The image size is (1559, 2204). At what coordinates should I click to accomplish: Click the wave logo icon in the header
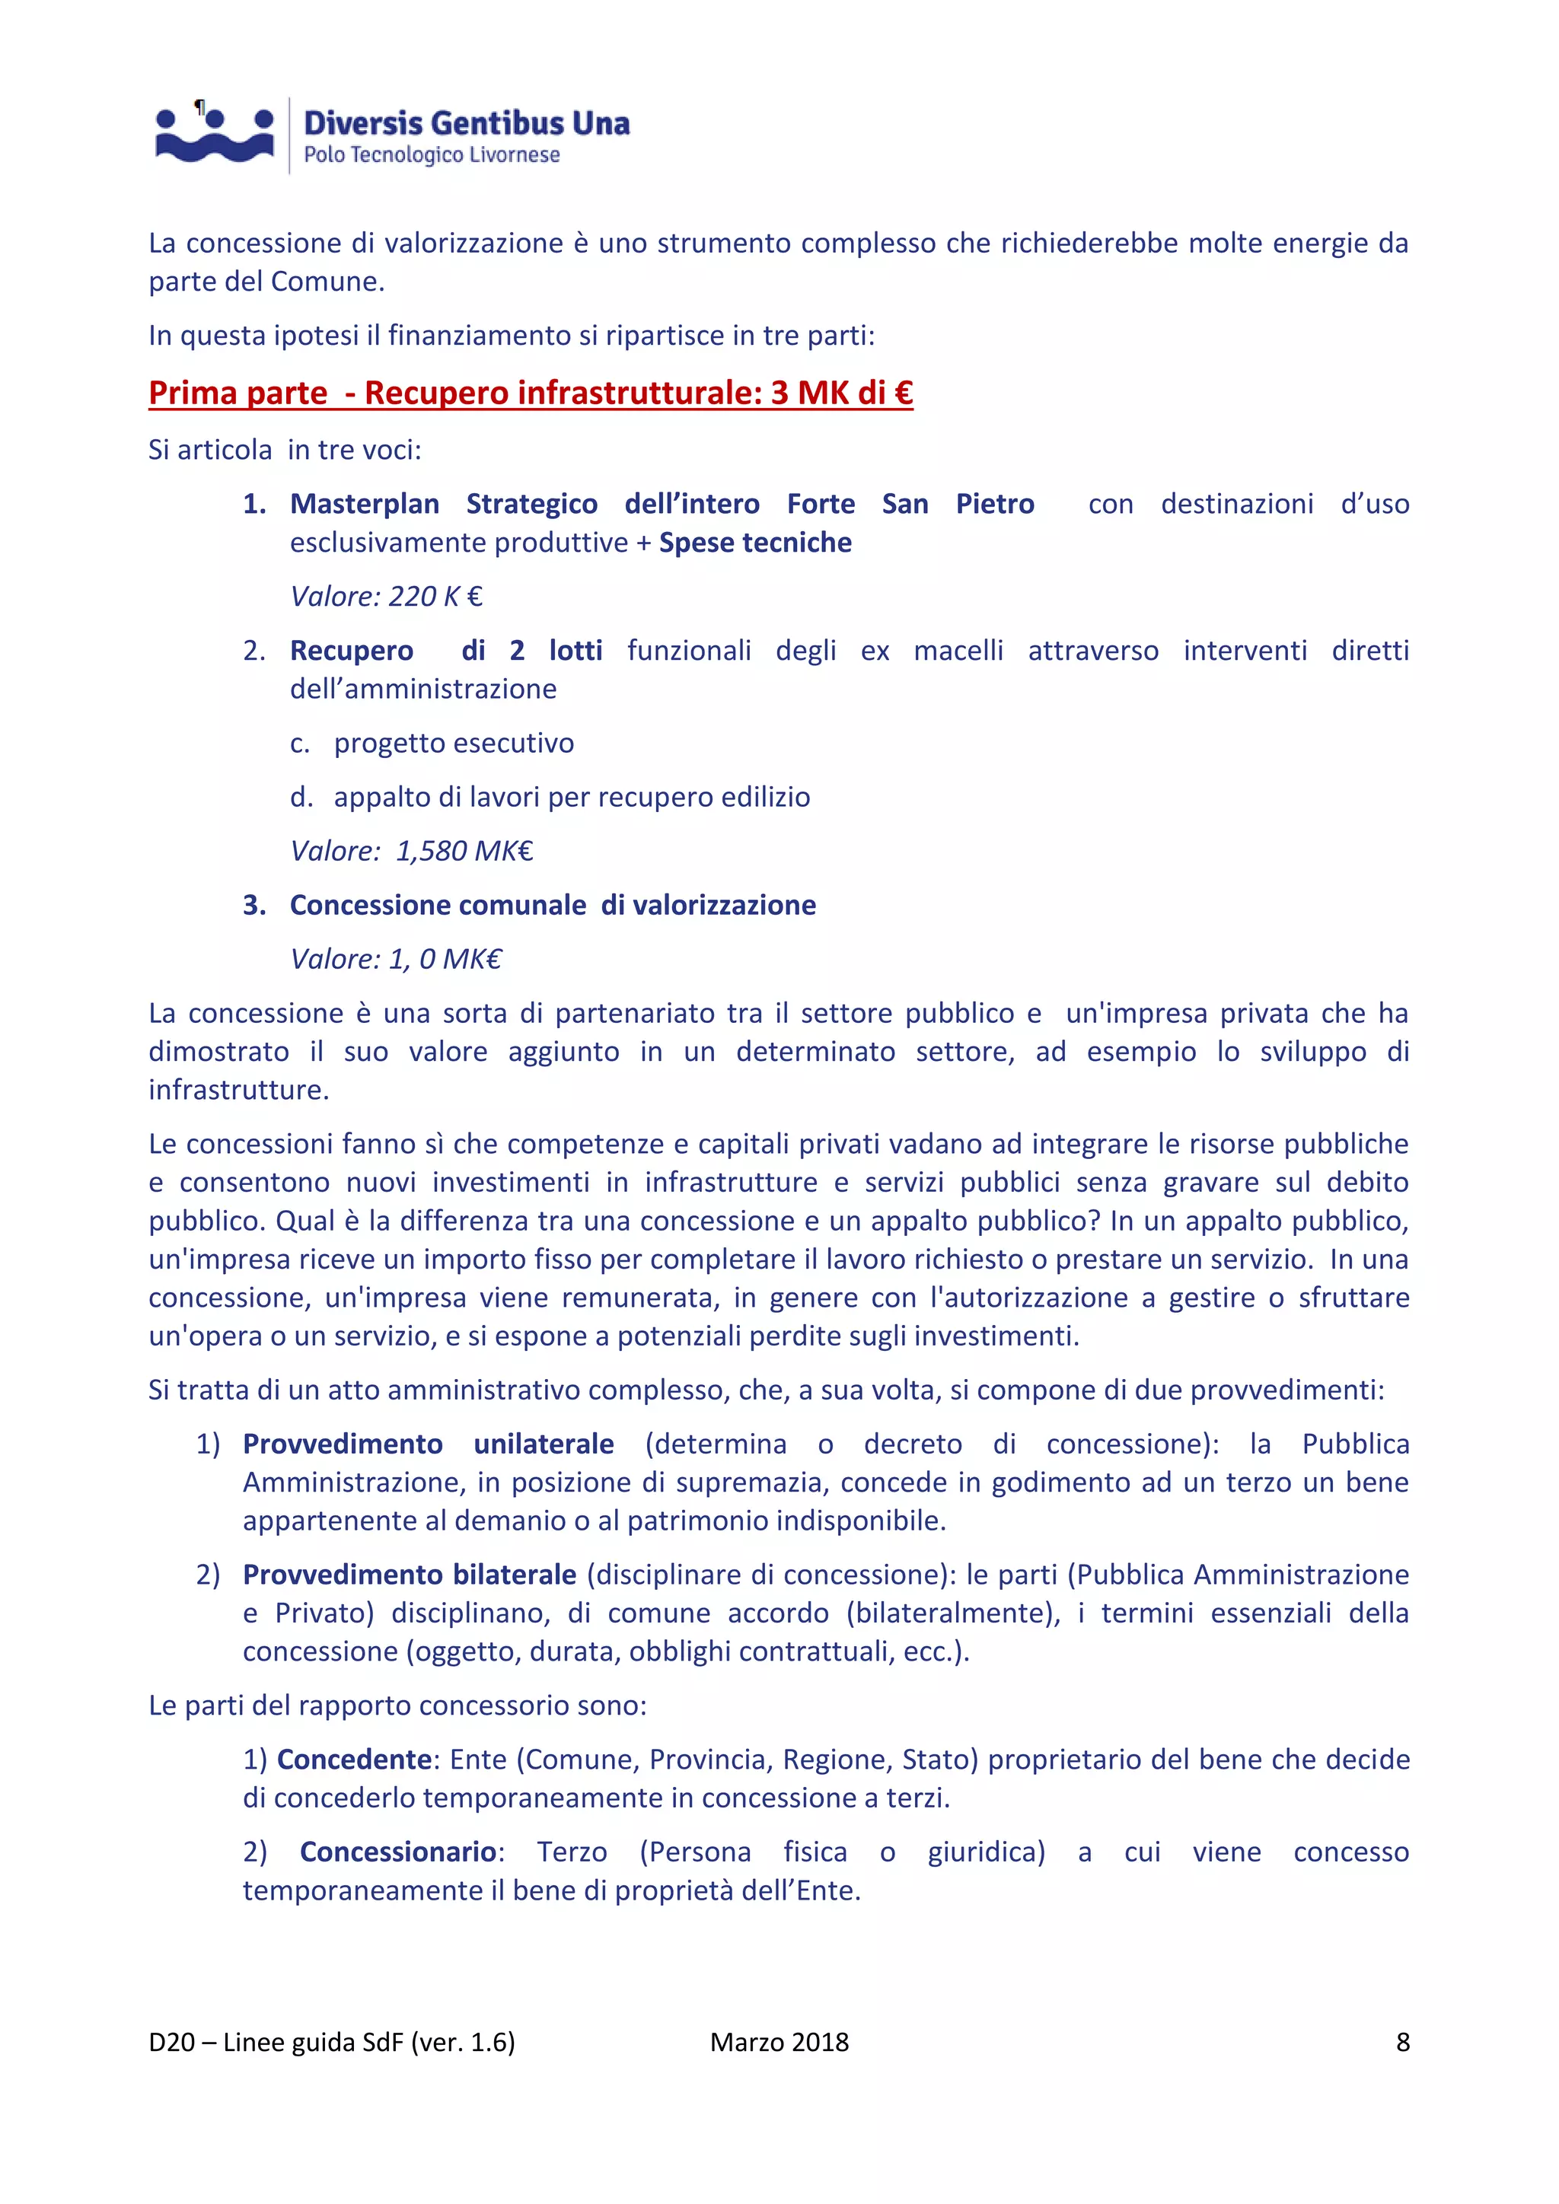click(214, 135)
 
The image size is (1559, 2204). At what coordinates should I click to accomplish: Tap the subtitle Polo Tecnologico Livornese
click(431, 155)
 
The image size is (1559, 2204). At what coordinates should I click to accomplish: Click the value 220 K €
click(386, 596)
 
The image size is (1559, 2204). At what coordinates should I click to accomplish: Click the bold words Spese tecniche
click(754, 543)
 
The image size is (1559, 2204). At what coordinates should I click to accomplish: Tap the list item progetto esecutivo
click(453, 743)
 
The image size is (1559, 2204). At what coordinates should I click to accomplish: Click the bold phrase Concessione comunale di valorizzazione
click(553, 905)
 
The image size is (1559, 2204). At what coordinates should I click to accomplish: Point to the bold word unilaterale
click(544, 1444)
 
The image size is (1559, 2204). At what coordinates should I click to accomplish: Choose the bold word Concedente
click(354, 1759)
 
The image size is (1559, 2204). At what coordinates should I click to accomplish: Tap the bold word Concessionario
click(397, 1851)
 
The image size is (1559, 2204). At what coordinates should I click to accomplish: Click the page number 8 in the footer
click(1402, 2042)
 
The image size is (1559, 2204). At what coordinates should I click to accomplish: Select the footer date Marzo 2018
click(779, 2042)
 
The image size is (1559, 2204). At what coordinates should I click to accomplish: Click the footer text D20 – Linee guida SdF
click(331, 2042)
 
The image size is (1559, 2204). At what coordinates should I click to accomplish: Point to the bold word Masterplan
click(365, 504)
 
